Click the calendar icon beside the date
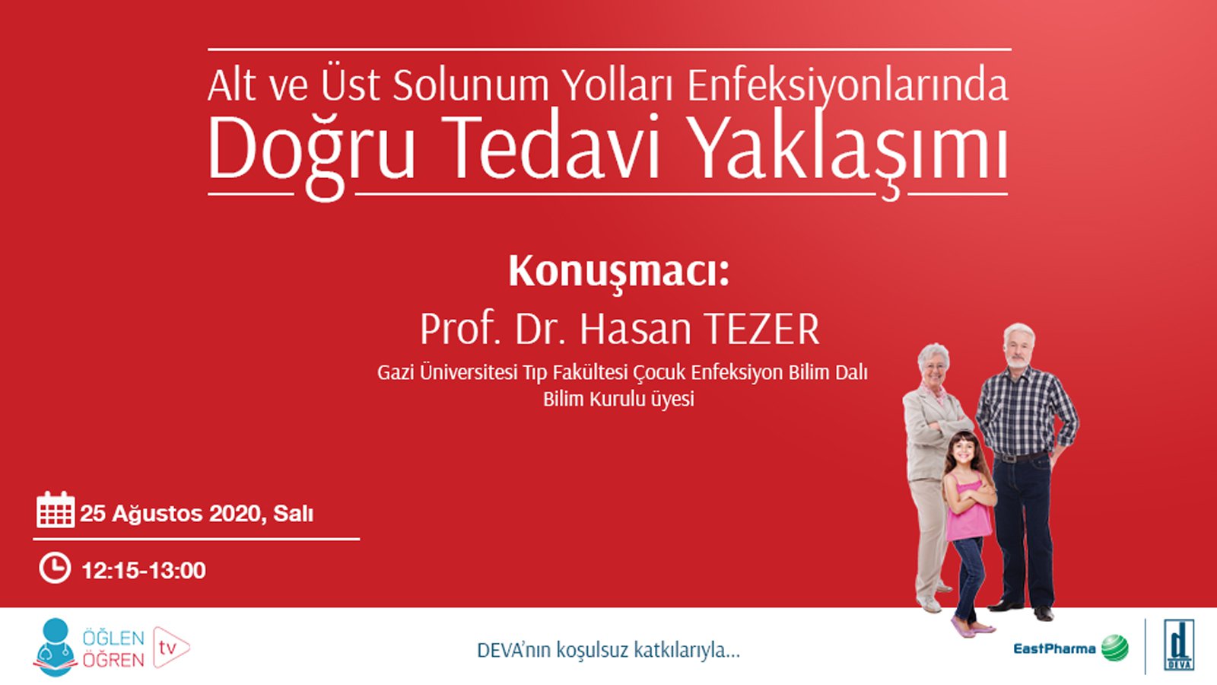[x=56, y=509]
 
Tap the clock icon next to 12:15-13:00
[x=55, y=568]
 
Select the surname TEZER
[x=761, y=330]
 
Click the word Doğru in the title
[x=311, y=151]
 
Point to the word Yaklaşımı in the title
[x=852, y=151]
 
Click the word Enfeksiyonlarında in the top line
[x=848, y=85]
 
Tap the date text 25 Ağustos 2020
[x=172, y=514]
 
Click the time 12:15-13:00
[x=143, y=571]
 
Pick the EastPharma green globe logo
[x=1115, y=648]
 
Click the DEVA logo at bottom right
[x=1180, y=646]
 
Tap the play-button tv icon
[x=170, y=648]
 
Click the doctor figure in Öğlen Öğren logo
[x=55, y=645]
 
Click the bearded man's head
[x=1018, y=346]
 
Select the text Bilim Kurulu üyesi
[x=618, y=400]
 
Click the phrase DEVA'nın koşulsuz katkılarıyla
[x=608, y=651]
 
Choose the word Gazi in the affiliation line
[x=396, y=374]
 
